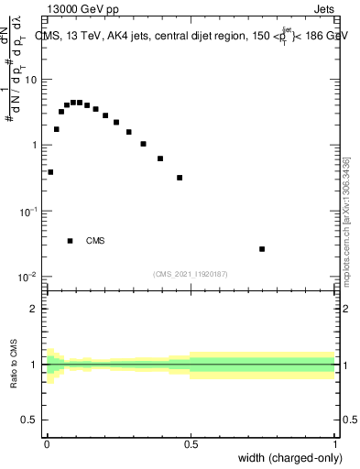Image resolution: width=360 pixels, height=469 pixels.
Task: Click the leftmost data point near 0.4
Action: (50, 171)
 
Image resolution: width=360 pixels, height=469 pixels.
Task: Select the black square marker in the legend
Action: (70, 241)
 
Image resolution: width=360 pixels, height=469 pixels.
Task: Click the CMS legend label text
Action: (95, 241)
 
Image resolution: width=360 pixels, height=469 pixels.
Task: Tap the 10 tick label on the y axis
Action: (30, 80)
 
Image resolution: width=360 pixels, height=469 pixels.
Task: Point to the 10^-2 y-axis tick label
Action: (27, 278)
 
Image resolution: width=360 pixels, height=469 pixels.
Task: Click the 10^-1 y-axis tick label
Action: (27, 212)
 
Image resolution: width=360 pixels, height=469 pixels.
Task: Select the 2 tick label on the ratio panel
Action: (34, 309)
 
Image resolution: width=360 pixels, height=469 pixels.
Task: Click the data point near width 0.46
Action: (180, 178)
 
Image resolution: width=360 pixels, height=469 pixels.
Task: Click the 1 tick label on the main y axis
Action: (34, 146)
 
